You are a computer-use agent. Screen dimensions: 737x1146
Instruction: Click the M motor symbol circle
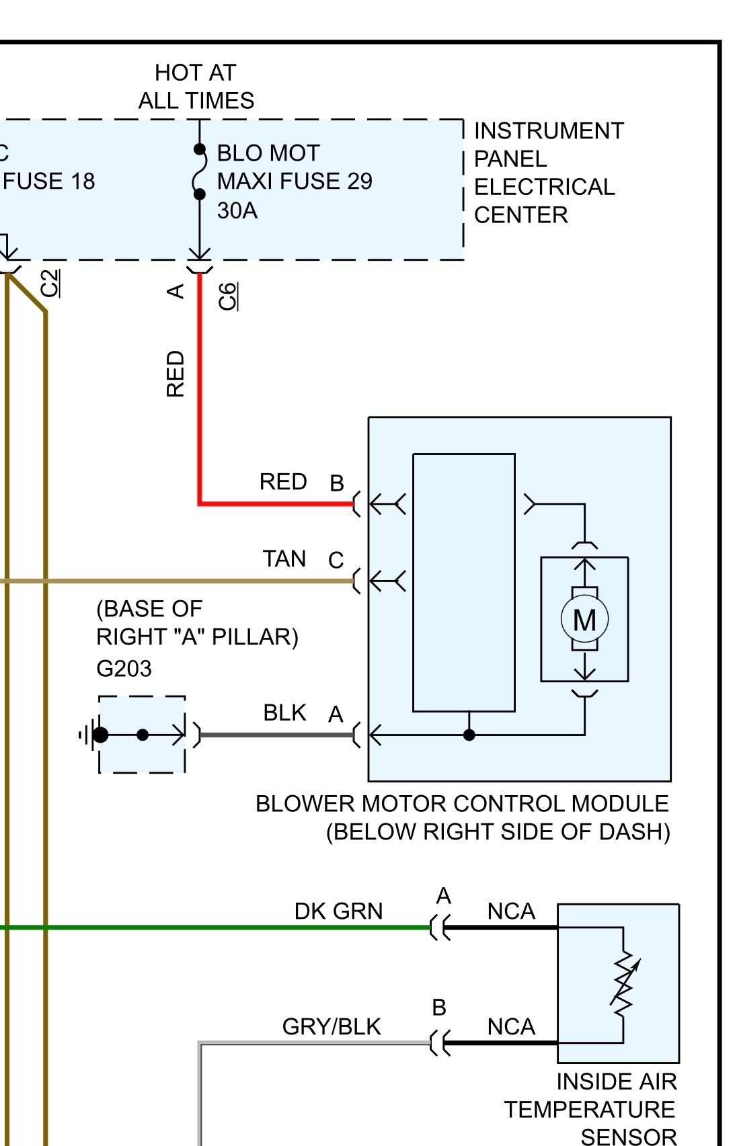coord(584,620)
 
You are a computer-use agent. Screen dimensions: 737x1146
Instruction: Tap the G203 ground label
coord(124,669)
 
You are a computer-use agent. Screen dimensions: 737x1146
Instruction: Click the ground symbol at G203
coord(87,735)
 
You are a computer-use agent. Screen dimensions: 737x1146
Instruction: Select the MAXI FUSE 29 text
coord(295,181)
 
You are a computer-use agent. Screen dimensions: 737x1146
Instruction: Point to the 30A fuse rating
coord(237,211)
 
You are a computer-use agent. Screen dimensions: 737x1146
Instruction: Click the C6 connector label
coord(228,296)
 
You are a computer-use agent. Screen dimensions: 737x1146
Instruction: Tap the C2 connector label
coord(50,283)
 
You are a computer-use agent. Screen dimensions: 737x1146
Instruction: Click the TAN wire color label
coord(284,559)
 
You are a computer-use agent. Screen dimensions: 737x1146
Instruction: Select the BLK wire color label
coord(284,712)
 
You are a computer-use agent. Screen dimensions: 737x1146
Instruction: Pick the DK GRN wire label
coord(338,911)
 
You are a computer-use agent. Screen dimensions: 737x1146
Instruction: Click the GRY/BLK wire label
coord(332,1027)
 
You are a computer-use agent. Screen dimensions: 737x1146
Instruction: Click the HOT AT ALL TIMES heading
coord(196,87)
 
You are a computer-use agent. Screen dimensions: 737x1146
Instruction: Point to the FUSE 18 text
coord(49,181)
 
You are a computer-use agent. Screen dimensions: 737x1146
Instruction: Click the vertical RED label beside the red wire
coord(175,374)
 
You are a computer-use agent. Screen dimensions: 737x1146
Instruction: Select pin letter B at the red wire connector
coord(336,483)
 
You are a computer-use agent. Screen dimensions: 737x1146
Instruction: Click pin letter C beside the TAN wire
coord(336,560)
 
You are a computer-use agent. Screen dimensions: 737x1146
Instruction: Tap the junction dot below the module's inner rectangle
coord(469,735)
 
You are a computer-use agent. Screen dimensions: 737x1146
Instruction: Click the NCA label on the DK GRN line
coord(511,911)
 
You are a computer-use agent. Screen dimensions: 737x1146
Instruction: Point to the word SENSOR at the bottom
coord(629,1137)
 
